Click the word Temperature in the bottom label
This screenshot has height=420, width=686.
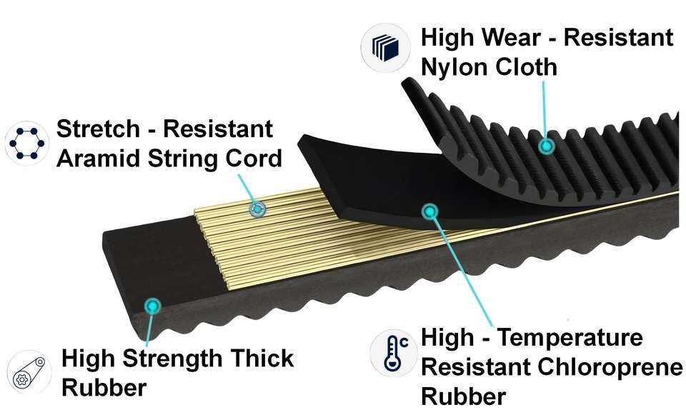tap(570, 337)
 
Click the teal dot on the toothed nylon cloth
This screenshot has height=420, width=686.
tap(547, 146)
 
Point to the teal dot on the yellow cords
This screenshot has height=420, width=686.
tap(257, 209)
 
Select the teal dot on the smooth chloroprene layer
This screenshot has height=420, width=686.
tap(429, 211)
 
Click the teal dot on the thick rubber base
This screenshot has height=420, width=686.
tap(152, 306)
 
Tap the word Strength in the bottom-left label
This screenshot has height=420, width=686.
tap(173, 357)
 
